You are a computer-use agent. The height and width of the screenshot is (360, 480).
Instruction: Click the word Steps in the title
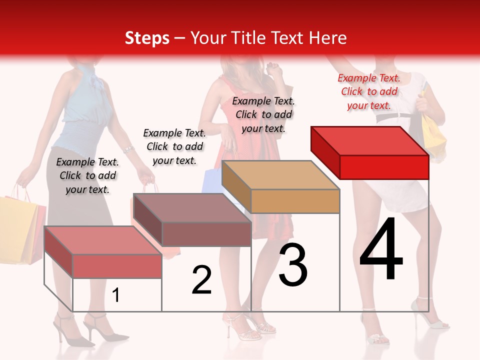(147, 38)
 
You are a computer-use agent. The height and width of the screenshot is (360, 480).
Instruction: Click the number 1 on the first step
(116, 295)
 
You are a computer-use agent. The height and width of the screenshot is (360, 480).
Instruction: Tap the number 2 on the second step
(201, 280)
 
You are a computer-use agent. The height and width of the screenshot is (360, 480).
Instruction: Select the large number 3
(293, 265)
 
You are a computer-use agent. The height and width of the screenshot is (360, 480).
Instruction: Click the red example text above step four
(369, 91)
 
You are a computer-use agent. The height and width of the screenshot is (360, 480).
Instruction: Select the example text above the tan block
(263, 114)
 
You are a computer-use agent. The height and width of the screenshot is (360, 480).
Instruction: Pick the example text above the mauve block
(174, 146)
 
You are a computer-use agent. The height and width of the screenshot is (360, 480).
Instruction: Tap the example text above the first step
(87, 175)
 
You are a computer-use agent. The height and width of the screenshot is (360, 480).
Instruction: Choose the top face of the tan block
(280, 175)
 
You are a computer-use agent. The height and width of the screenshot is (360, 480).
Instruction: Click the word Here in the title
(328, 38)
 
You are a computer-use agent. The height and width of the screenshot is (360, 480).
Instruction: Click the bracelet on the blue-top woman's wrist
(128, 149)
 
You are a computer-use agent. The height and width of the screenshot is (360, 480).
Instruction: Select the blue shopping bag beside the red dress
(211, 181)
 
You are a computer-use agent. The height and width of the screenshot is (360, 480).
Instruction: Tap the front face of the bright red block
(384, 167)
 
